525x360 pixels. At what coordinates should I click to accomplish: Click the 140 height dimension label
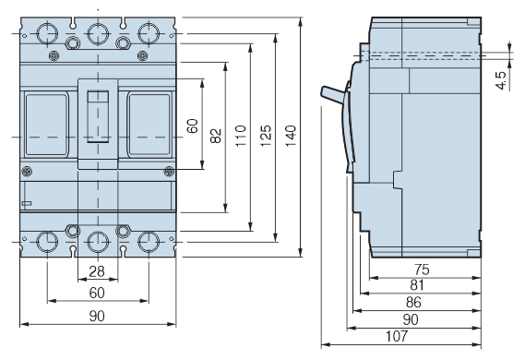[x=291, y=136]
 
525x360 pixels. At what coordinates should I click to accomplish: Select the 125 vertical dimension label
[x=266, y=136]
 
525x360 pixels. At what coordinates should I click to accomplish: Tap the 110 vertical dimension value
[x=241, y=136]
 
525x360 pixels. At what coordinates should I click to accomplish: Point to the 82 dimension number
[x=216, y=136]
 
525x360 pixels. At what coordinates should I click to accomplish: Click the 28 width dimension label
[x=97, y=271]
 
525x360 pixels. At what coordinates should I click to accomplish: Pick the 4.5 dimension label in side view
[x=501, y=80]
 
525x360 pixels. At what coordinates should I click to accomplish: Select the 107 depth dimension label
[x=397, y=336]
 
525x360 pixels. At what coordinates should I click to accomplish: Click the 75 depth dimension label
[x=422, y=270]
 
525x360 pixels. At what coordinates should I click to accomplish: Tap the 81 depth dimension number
[x=417, y=285]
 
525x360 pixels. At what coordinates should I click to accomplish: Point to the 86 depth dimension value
[x=413, y=303]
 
